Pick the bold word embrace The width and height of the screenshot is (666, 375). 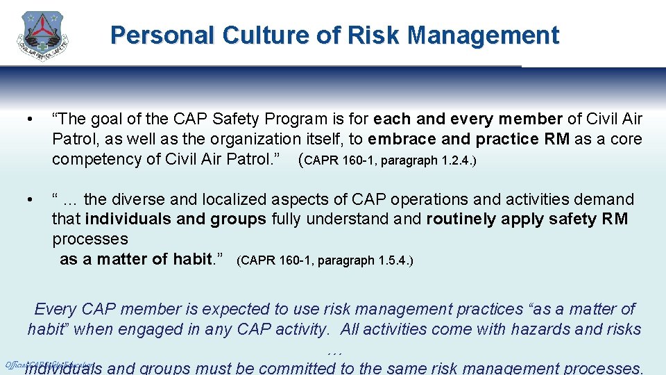point(401,139)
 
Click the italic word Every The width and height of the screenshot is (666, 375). point(55,309)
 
